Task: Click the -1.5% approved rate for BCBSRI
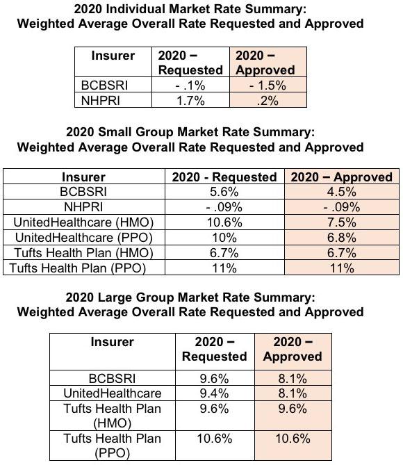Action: click(268, 85)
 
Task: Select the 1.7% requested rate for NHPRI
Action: click(190, 101)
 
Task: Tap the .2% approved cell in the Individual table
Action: click(268, 101)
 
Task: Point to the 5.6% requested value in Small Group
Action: click(224, 192)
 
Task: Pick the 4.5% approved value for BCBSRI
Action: click(342, 192)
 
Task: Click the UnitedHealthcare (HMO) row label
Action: click(83, 222)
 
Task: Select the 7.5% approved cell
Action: click(342, 222)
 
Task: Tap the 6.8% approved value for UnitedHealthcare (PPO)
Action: click(342, 238)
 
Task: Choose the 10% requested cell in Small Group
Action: click(224, 238)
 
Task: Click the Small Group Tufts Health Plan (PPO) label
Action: click(78, 268)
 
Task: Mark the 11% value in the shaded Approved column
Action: click(342, 268)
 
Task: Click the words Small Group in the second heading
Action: click(135, 132)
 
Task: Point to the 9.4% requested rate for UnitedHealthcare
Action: click(214, 393)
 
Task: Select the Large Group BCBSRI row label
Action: click(112, 378)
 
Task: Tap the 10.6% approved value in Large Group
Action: click(293, 439)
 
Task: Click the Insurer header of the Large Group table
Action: click(112, 342)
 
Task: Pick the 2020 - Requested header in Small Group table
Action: click(224, 177)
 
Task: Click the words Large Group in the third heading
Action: click(135, 297)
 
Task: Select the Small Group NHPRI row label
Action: click(83, 207)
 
